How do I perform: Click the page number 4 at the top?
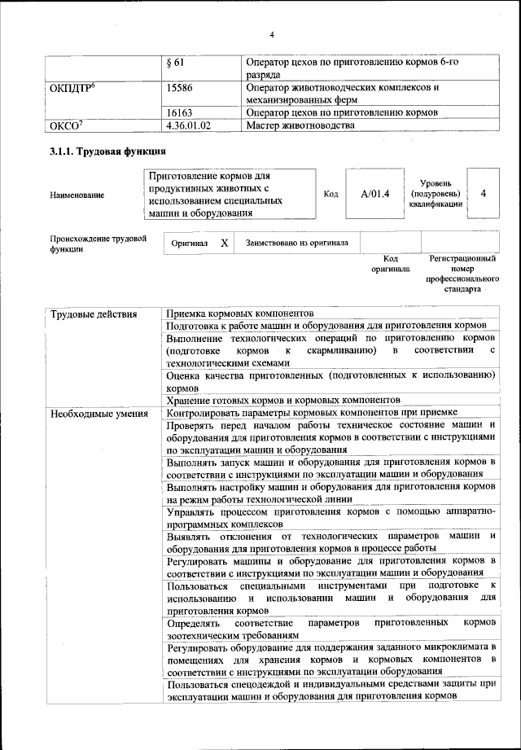click(x=272, y=33)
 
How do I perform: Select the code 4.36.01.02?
click(x=187, y=126)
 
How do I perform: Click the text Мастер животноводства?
click(x=300, y=126)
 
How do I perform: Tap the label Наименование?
click(x=77, y=195)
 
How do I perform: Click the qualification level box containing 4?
click(x=484, y=194)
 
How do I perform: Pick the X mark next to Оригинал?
click(x=224, y=243)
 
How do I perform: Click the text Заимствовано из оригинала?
click(x=297, y=243)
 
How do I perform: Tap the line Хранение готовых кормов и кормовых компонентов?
click(x=282, y=400)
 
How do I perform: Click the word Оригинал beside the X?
click(x=190, y=243)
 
